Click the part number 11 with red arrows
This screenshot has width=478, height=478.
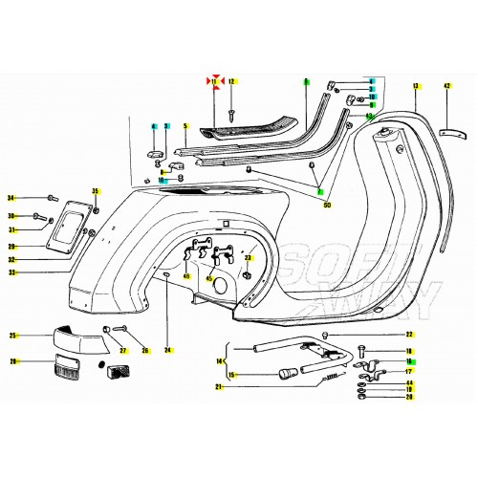coord(215,83)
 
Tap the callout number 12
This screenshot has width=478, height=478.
coord(231,83)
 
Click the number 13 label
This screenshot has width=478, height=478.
coord(416,87)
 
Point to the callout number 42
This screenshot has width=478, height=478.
coord(445,87)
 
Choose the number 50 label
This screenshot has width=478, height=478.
coord(328,205)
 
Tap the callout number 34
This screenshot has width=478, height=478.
coord(11,199)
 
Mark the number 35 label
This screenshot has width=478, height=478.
coord(95,191)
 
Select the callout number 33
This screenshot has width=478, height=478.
coord(11,272)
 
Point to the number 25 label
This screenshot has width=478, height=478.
coord(12,336)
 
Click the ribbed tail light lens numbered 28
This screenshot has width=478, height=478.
coord(69,365)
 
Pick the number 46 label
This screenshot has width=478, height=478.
coord(185,276)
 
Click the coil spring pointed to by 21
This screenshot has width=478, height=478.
coord(332,380)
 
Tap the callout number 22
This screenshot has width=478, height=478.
coord(409,335)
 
